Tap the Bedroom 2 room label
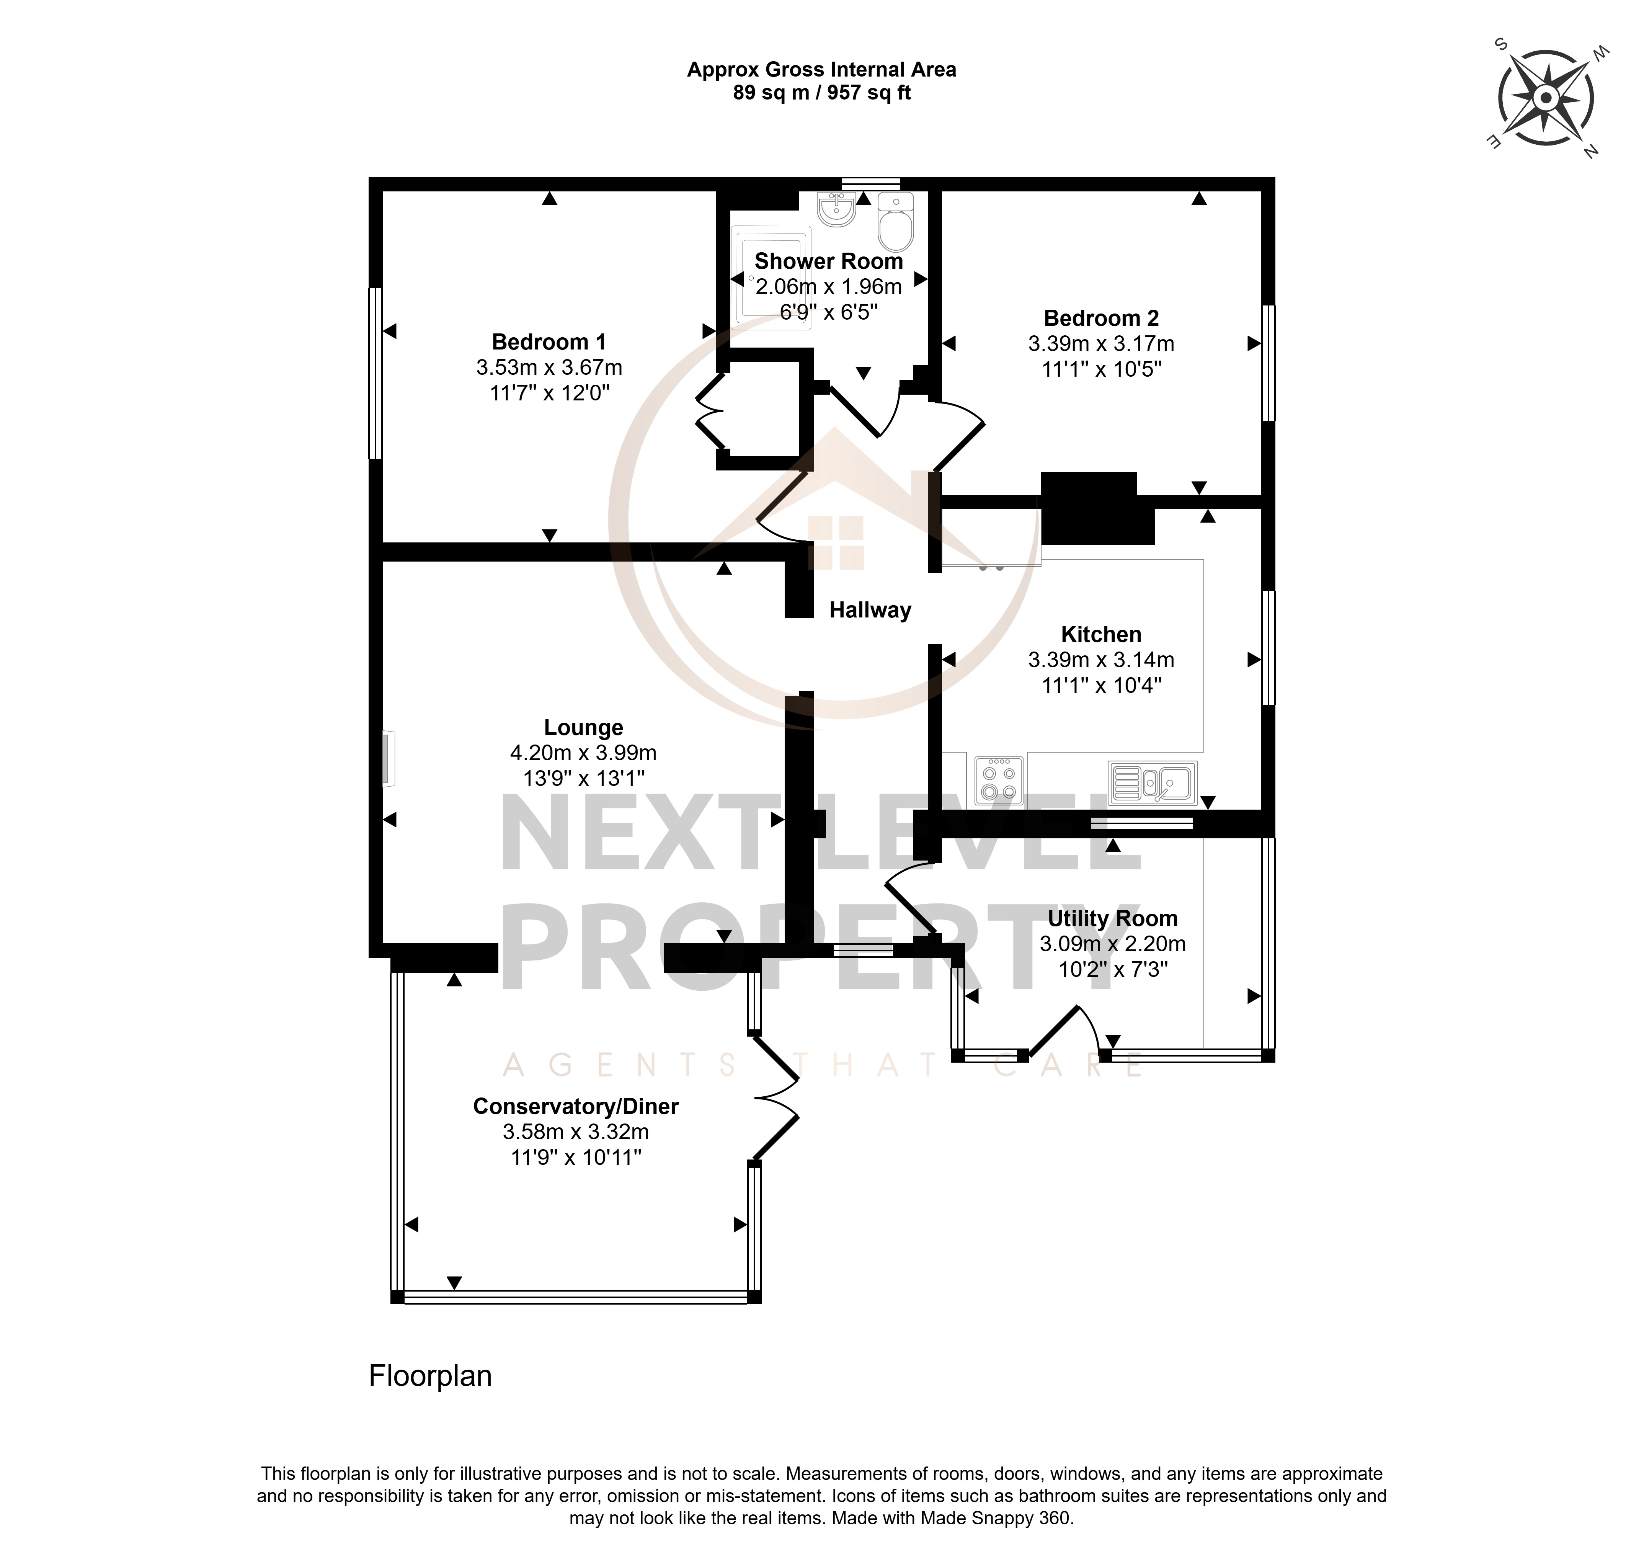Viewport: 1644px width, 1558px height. (x=1101, y=318)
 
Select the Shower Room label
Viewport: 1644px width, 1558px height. (x=829, y=261)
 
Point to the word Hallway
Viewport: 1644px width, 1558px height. (x=870, y=611)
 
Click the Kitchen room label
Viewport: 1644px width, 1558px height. (x=1101, y=635)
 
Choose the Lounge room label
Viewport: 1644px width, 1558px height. (x=584, y=727)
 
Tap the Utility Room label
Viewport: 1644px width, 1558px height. (x=1113, y=918)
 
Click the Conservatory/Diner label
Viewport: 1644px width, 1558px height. (x=576, y=1106)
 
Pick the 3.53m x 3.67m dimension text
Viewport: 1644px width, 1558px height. (x=549, y=367)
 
